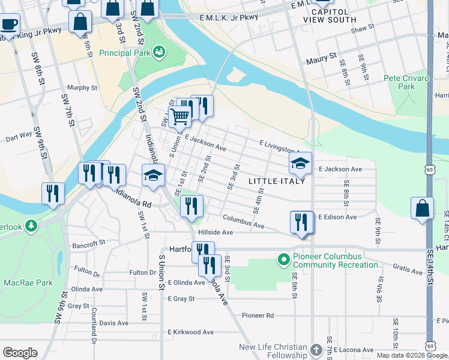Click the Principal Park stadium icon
pyautogui.click(x=159, y=53)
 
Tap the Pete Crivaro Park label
pyautogui.click(x=406, y=82)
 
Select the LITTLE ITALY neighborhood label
pyautogui.click(x=277, y=181)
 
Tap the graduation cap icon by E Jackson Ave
pyautogui.click(x=300, y=162)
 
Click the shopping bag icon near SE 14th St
pyautogui.click(x=423, y=208)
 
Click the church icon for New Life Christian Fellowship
pyautogui.click(x=318, y=349)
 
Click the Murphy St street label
pyautogui.click(x=82, y=88)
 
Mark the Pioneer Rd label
pyautogui.click(x=258, y=315)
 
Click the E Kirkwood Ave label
pyautogui.click(x=191, y=332)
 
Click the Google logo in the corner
pyautogui.click(x=20, y=352)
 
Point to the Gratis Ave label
pyautogui.click(x=408, y=271)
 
